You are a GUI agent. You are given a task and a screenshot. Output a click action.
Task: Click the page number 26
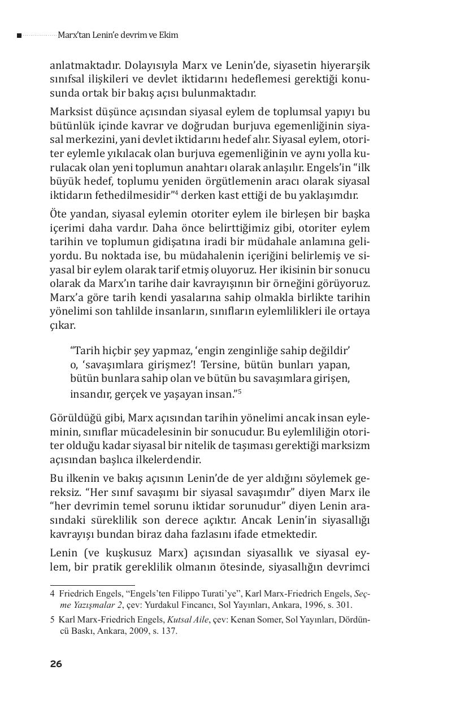(x=55, y=664)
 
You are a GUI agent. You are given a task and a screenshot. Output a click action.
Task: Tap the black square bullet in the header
(x=19, y=36)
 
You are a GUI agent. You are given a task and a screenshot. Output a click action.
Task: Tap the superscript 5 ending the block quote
(x=240, y=391)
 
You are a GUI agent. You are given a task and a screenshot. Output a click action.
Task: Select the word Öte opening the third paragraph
(x=58, y=214)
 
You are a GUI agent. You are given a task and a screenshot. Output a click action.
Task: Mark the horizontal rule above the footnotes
(x=92, y=585)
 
